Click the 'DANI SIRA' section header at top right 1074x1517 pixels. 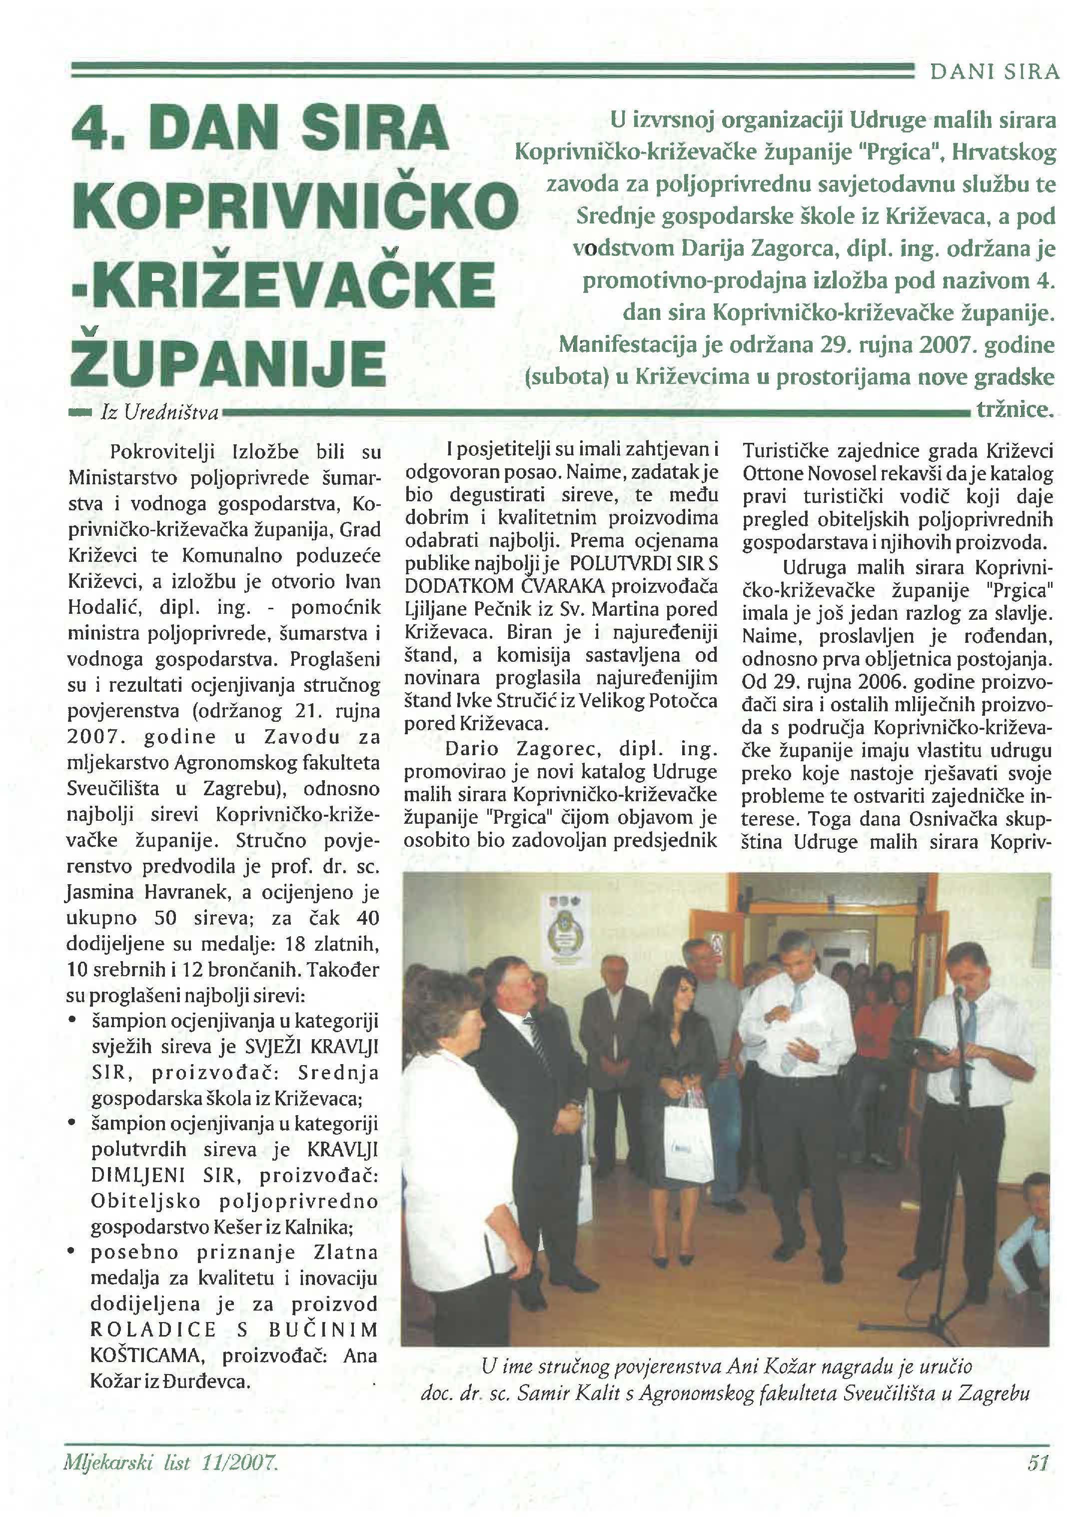[995, 72]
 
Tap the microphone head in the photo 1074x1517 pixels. [958, 991]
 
